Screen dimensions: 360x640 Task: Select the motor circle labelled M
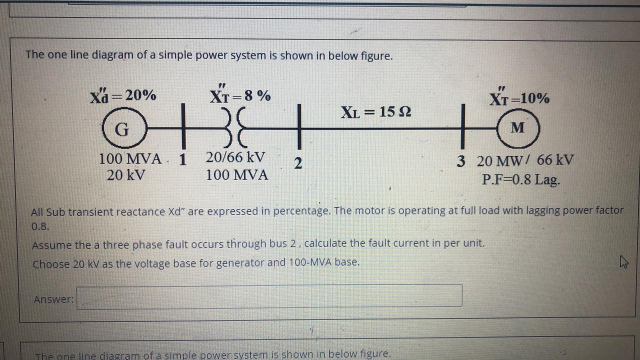point(518,128)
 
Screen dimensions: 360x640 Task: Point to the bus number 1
point(182,160)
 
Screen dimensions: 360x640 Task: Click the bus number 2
point(298,163)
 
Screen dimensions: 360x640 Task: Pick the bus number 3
point(461,161)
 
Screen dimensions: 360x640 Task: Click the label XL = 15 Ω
point(376,111)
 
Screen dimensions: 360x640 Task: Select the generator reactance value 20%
point(140,95)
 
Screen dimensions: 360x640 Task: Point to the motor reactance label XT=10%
point(519,98)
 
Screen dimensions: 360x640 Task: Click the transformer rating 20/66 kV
point(235,157)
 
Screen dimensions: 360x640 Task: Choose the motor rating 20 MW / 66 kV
point(525,161)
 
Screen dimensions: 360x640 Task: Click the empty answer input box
point(269,295)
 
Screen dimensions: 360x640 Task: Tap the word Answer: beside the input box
point(53,299)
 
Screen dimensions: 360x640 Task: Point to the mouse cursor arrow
point(623,261)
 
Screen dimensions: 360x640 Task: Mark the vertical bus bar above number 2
point(298,127)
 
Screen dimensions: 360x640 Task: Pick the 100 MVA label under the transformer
point(236,175)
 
